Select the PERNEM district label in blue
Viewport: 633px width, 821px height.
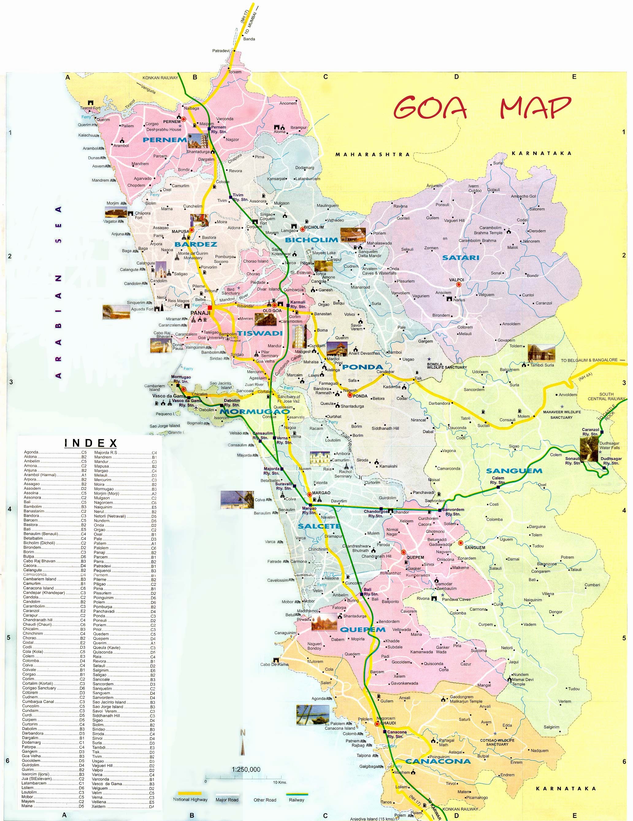(165, 140)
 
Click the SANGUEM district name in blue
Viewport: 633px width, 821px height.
(514, 471)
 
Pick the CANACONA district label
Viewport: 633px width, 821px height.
(438, 761)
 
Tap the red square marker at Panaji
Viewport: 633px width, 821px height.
(210, 307)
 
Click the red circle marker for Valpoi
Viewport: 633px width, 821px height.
(458, 285)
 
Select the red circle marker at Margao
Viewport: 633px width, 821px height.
(309, 495)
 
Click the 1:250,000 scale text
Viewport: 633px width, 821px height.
(246, 769)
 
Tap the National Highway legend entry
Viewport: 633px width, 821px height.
(190, 799)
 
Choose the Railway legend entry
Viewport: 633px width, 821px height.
(296, 800)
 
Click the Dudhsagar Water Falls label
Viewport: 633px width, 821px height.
(609, 445)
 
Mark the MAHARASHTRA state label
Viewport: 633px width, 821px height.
(372, 155)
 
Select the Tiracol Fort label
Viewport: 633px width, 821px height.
(90, 108)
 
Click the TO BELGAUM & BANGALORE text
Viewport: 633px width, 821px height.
(589, 360)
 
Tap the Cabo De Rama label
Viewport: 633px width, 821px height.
(274, 664)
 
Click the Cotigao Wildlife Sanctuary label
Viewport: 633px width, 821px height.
(497, 742)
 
